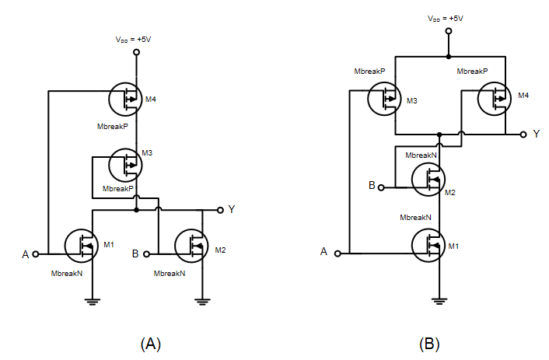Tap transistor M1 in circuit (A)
[82, 246]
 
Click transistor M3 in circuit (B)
[385, 100]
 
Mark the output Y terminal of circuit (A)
[221, 210]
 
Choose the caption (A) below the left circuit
[150, 343]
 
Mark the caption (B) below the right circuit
[429, 343]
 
